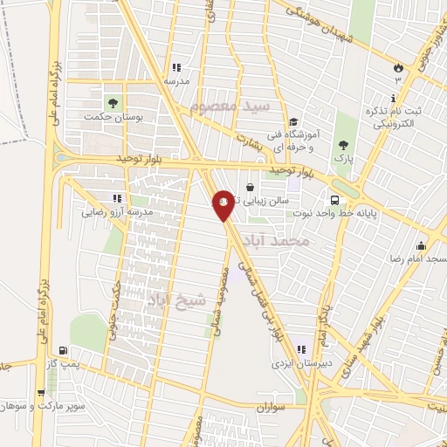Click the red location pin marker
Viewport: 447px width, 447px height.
(x=223, y=204)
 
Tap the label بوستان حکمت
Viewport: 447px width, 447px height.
(x=114, y=115)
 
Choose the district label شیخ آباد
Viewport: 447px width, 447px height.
(x=176, y=301)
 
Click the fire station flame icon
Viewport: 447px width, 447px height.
(x=399, y=66)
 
